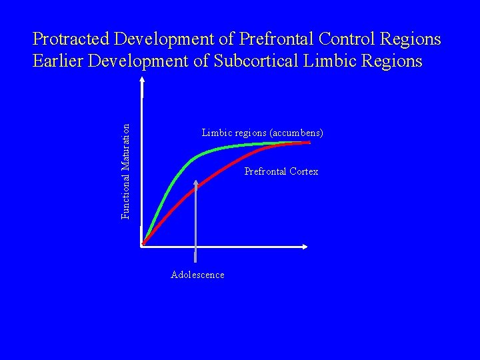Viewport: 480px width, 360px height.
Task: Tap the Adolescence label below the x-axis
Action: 197,275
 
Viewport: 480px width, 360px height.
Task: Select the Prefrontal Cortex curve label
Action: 281,172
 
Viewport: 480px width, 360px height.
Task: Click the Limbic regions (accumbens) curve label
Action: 262,133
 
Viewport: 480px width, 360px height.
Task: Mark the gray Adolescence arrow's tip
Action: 195,181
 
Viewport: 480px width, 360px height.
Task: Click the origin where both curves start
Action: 143,245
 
